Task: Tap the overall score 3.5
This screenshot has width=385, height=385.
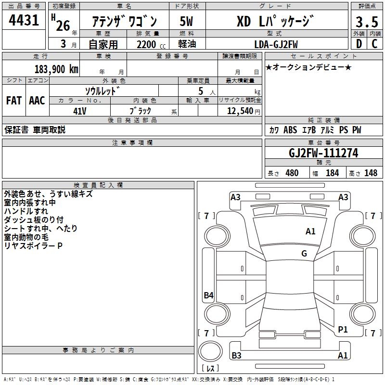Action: [366, 22]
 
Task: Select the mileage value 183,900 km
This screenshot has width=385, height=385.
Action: [56, 69]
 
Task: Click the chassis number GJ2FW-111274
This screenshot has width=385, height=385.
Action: [323, 153]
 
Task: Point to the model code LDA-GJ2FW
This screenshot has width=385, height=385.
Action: [276, 44]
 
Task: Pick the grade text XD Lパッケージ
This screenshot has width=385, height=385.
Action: [275, 22]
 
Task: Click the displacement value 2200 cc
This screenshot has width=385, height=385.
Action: [146, 44]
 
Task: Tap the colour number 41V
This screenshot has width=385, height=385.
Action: [80, 110]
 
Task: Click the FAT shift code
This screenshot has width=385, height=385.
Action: [13, 101]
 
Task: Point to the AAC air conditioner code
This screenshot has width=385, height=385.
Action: [37, 101]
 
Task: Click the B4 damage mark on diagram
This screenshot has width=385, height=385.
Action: [208, 295]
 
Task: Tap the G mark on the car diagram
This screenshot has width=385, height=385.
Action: [304, 254]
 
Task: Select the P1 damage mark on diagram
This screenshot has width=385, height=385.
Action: [343, 330]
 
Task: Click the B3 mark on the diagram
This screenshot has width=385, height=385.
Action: [236, 356]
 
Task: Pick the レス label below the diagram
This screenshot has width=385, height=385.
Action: [210, 369]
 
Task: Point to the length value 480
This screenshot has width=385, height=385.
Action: [292, 173]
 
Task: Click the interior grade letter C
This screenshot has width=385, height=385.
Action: [374, 44]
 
